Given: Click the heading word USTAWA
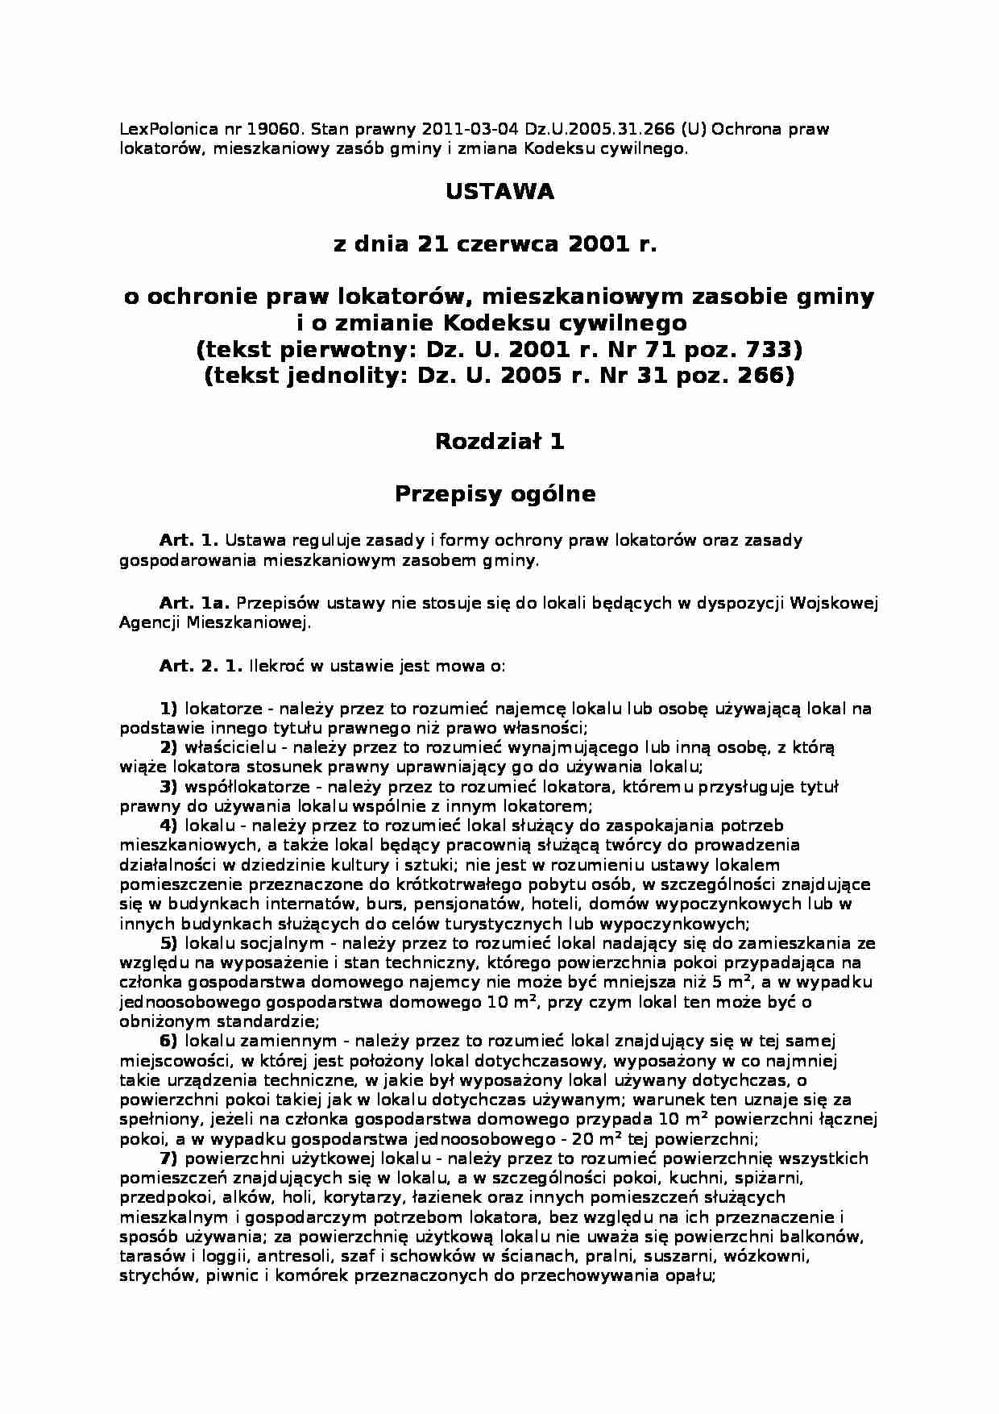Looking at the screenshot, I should [499, 193].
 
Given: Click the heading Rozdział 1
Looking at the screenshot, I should [499, 441].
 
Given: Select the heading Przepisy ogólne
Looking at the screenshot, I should [495, 494].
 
